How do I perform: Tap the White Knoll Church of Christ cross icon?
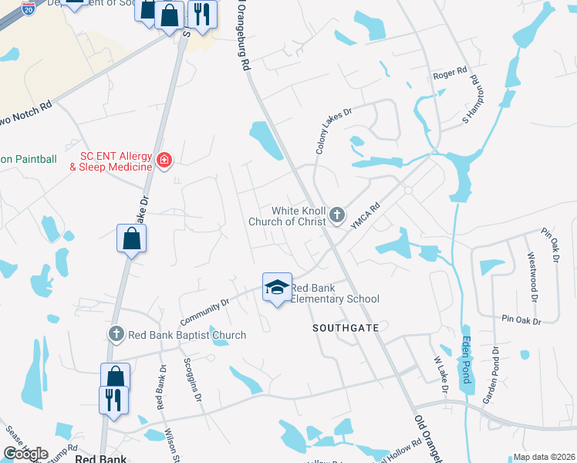click(337, 215)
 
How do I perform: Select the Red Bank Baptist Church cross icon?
click(116, 334)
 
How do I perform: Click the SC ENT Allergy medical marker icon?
click(164, 160)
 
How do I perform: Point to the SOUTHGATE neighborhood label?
click(346, 328)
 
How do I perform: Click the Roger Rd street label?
click(450, 73)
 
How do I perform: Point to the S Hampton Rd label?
click(471, 100)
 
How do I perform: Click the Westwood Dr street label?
click(531, 275)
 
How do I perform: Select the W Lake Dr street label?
click(440, 374)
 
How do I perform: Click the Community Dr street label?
click(204, 312)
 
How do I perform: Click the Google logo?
click(25, 454)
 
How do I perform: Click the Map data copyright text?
click(544, 457)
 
